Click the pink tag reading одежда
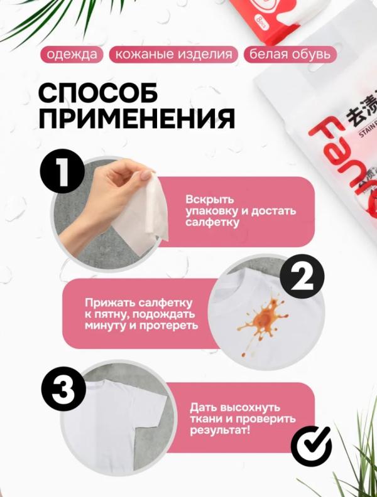click(72, 55)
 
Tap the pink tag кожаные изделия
click(173, 55)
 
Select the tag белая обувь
click(288, 55)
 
